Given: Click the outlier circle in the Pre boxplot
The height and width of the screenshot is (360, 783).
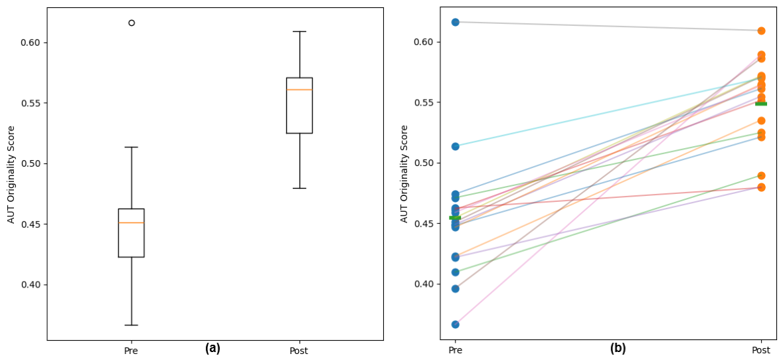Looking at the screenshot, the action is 131,23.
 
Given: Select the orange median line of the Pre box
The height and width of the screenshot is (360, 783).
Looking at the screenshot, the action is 131,223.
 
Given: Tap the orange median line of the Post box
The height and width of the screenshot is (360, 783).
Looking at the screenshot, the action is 300,90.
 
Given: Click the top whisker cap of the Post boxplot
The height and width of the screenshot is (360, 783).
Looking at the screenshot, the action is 300,31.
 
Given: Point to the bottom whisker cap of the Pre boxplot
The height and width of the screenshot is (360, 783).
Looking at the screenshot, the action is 131,325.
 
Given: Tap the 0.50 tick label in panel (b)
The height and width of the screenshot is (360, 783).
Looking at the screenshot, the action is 424,163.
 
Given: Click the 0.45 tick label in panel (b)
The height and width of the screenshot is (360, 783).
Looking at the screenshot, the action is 424,224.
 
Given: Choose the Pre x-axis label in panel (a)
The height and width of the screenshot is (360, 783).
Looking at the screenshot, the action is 131,351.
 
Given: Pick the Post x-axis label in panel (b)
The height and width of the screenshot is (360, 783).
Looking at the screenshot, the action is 761,350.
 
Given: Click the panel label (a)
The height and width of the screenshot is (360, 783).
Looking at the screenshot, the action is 213,349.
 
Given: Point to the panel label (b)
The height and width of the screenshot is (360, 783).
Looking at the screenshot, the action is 618,349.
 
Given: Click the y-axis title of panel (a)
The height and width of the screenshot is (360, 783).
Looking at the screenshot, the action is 11,174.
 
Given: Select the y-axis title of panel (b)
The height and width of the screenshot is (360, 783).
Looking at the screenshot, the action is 404,174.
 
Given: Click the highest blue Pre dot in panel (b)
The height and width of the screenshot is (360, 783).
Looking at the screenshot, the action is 456,22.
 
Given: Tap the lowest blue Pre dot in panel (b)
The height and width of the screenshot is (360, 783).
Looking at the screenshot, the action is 456,325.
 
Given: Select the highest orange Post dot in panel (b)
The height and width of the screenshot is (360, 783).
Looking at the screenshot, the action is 761,31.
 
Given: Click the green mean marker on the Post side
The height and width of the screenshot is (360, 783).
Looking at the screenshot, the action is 761,104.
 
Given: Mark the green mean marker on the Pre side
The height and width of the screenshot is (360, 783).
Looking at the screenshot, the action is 455,218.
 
